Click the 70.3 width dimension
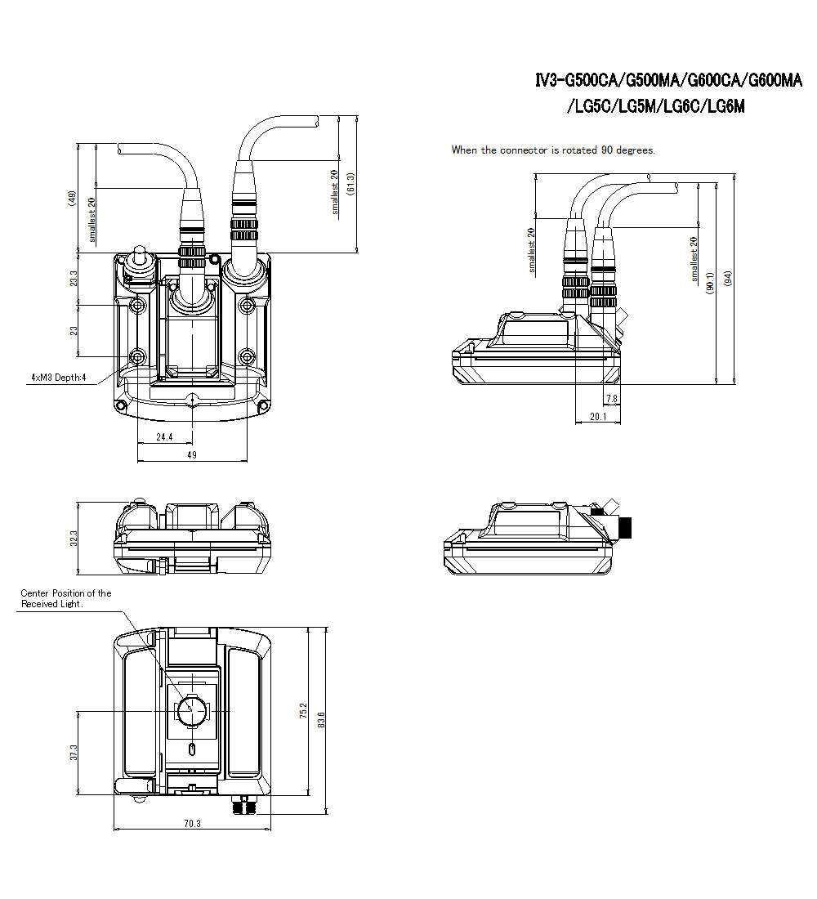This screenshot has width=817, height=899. (192, 824)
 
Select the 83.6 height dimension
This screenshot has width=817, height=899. (322, 719)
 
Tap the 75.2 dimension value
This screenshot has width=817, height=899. (303, 712)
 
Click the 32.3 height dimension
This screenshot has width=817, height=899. (74, 539)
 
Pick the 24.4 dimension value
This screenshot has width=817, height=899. (165, 437)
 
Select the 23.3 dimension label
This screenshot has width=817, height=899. (74, 279)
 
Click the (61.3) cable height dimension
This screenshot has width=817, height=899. (350, 184)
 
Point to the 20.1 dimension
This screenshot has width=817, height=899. (597, 417)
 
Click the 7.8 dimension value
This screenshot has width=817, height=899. (611, 399)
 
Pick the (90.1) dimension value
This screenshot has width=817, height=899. (709, 282)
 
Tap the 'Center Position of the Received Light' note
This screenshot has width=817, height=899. (65, 598)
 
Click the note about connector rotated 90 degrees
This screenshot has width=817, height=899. (553, 150)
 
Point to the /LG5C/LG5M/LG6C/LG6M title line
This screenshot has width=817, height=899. (656, 106)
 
